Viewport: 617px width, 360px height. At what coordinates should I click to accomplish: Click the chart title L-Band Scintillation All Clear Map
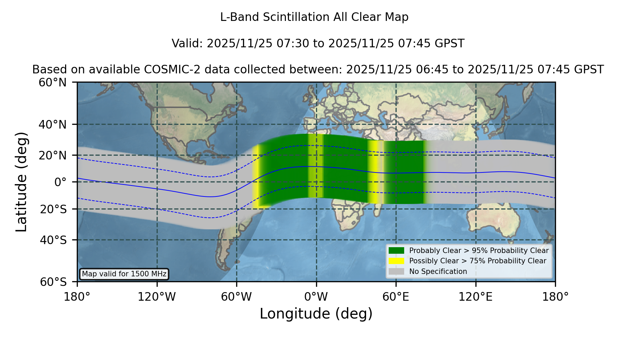click(x=314, y=17)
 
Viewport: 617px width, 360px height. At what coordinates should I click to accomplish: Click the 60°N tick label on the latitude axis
click(x=52, y=82)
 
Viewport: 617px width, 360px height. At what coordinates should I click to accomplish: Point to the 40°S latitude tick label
click(x=53, y=240)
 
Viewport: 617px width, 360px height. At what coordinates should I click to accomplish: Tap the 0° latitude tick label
click(x=60, y=182)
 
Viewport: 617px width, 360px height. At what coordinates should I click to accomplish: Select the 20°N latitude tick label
click(x=52, y=155)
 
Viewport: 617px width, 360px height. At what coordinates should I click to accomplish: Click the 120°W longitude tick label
click(x=157, y=297)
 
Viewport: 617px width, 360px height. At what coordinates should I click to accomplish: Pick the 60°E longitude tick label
click(x=396, y=297)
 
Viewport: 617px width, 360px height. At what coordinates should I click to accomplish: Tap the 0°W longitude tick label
click(x=316, y=297)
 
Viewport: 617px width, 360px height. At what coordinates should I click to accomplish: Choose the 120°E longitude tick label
click(x=476, y=297)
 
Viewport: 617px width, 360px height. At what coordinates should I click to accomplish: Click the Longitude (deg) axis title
click(x=316, y=314)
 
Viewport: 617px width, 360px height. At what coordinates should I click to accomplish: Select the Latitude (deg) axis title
click(x=21, y=182)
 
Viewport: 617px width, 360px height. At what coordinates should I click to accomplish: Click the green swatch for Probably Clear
click(x=396, y=251)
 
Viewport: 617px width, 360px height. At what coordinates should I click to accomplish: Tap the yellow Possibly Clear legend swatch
click(x=396, y=261)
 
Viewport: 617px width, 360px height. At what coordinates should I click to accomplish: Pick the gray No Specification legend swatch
click(x=396, y=272)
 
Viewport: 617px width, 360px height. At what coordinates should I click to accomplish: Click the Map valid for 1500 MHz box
click(x=124, y=274)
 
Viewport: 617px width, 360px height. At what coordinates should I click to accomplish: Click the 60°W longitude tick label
click(x=237, y=297)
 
